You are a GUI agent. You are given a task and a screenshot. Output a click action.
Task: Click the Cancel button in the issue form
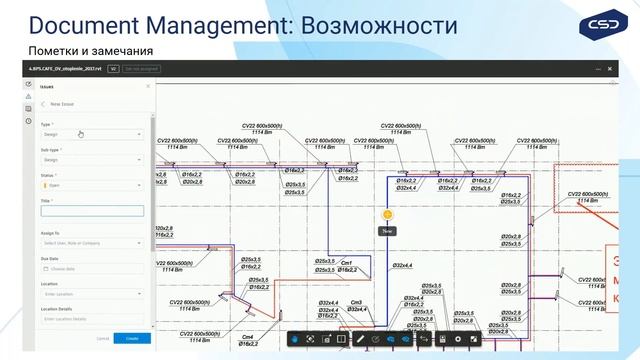[102, 339]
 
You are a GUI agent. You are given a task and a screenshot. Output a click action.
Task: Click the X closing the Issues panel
[148, 87]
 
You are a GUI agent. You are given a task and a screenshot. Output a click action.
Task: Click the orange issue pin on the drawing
[386, 214]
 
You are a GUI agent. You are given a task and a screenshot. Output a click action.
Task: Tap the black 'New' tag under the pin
[386, 231]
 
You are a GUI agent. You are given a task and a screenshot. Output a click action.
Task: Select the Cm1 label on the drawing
[347, 263]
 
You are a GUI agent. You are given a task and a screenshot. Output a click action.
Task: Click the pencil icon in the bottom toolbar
[360, 339]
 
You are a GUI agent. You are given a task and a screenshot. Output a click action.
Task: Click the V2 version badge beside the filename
[114, 69]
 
